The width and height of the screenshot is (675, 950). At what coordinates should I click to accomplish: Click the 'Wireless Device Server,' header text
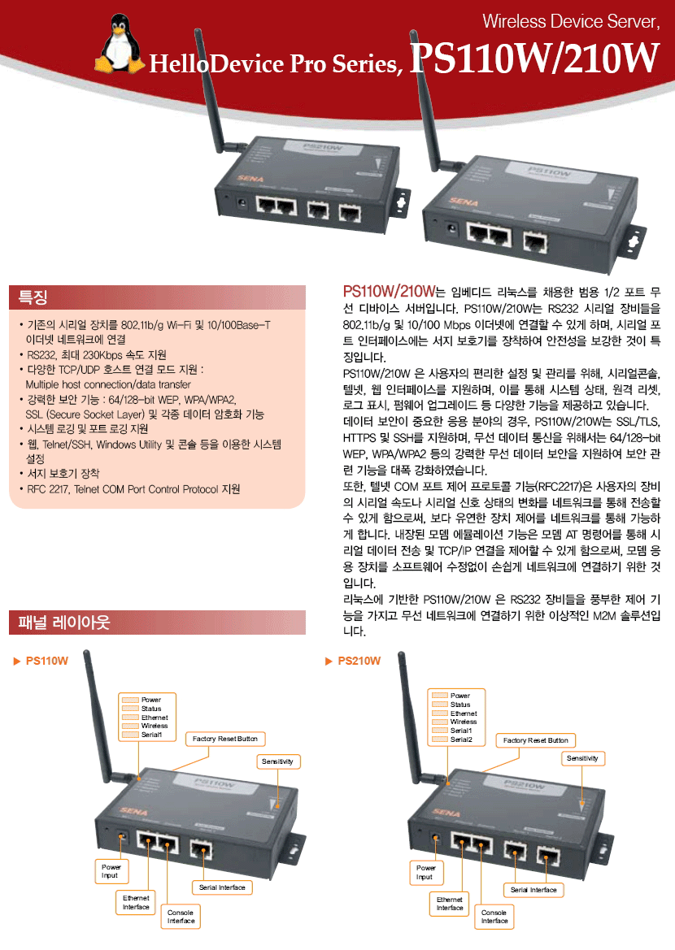(x=569, y=21)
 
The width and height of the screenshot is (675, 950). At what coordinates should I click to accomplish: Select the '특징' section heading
(x=34, y=297)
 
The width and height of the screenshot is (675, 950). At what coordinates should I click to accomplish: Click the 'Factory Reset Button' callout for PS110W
(x=224, y=739)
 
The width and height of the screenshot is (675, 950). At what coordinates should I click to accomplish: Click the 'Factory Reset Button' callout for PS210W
(x=535, y=740)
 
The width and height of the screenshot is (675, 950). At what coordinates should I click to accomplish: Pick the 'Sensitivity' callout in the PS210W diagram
(x=582, y=758)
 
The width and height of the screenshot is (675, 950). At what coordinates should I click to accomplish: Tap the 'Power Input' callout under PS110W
(x=110, y=871)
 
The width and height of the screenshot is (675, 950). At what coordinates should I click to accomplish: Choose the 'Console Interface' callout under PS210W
(x=494, y=917)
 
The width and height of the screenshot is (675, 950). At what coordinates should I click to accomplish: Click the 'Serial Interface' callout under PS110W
(x=221, y=887)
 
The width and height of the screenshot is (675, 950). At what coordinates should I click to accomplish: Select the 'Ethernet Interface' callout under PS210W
(x=449, y=904)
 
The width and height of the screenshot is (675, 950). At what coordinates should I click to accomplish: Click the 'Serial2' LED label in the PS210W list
(x=461, y=740)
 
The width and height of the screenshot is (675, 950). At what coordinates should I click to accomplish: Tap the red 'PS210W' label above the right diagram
(x=359, y=662)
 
